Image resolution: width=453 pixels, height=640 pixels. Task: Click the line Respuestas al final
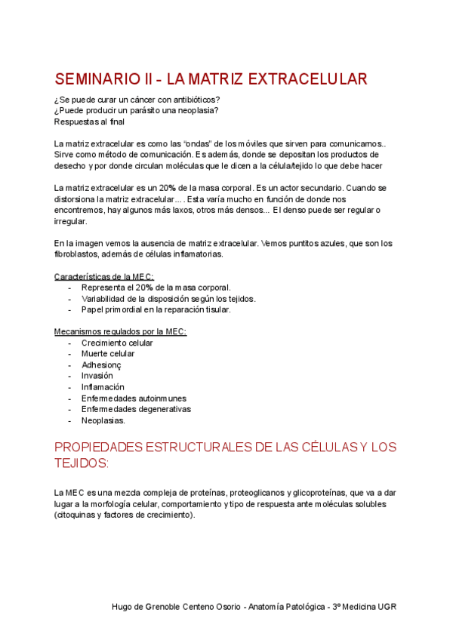click(x=90, y=122)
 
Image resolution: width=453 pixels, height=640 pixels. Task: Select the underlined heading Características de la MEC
click(x=104, y=276)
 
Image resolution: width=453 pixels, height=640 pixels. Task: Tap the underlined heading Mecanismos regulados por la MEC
click(x=121, y=331)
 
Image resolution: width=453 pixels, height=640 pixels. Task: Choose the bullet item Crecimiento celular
click(x=117, y=343)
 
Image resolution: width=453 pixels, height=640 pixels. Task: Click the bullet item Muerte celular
click(x=108, y=353)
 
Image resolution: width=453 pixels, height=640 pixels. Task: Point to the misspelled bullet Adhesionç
click(x=101, y=365)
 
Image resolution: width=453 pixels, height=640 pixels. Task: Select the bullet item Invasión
click(x=97, y=375)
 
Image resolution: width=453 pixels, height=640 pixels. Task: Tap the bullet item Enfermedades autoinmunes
click(x=134, y=398)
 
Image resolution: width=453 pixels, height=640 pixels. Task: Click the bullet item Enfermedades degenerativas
click(x=136, y=409)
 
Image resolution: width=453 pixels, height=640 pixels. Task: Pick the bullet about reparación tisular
click(x=156, y=309)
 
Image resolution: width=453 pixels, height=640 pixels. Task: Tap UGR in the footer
click(x=386, y=607)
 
